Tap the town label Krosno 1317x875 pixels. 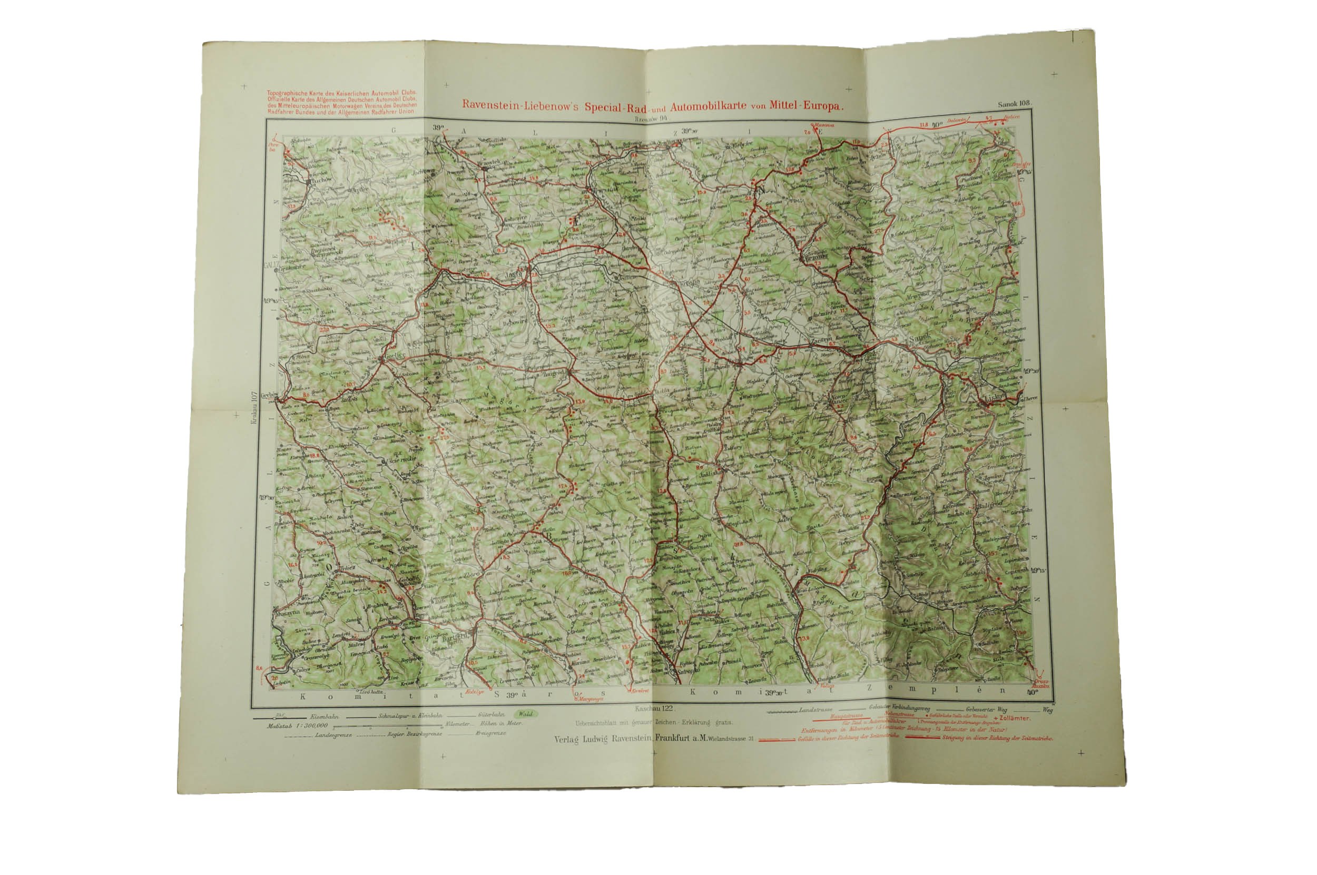[x=690, y=282]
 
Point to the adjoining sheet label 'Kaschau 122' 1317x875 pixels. [x=655, y=708]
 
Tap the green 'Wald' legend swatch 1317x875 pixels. [x=525, y=714]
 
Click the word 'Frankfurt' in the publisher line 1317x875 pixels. [x=674, y=738]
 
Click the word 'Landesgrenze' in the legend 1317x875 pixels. [x=333, y=734]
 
